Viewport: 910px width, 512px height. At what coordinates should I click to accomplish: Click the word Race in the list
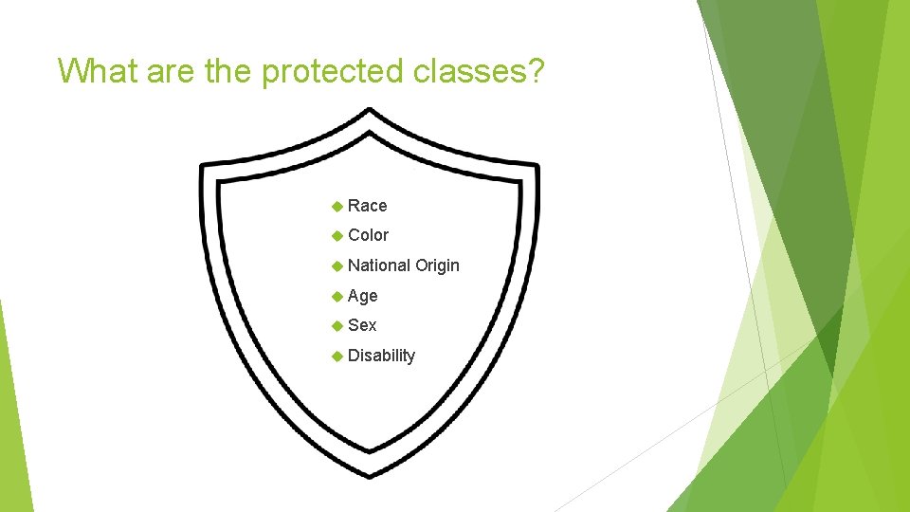(x=367, y=206)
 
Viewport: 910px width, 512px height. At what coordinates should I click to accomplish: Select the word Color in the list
(x=368, y=235)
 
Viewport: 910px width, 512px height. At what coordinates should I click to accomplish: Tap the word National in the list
(x=378, y=265)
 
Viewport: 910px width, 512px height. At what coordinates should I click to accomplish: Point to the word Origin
(x=437, y=265)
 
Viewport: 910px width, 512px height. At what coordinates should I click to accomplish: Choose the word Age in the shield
(x=362, y=296)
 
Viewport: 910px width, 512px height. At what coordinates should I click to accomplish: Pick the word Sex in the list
(x=362, y=325)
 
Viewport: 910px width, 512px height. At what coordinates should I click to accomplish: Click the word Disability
(x=381, y=356)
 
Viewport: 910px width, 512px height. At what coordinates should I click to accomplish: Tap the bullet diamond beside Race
(x=336, y=206)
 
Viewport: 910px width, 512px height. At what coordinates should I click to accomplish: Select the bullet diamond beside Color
(x=336, y=235)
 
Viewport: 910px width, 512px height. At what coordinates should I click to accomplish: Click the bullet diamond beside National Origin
(x=336, y=265)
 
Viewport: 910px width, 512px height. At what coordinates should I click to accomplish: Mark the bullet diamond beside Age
(x=336, y=296)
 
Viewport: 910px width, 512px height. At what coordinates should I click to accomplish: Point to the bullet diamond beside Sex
(x=336, y=325)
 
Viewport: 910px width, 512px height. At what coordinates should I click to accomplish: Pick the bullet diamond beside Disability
(x=336, y=356)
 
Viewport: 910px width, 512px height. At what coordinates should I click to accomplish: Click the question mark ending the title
(x=537, y=70)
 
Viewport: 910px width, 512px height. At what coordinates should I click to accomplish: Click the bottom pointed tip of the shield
(x=370, y=474)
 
